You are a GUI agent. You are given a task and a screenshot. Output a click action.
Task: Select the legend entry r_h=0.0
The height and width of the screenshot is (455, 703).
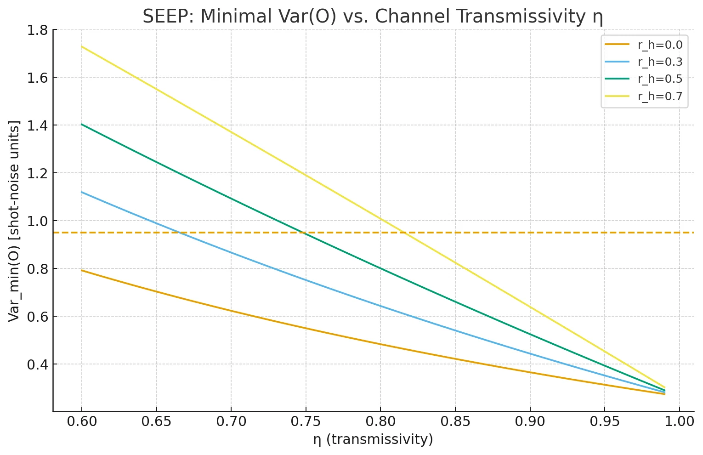point(660,45)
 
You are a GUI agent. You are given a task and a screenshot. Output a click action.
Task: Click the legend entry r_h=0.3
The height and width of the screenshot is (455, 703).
point(660,62)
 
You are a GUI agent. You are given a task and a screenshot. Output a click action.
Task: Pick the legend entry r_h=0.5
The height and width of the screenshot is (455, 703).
point(660,79)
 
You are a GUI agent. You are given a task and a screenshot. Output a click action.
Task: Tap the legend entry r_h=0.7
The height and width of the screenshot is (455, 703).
point(660,96)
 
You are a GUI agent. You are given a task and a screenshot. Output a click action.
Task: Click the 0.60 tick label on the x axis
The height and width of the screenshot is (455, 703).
point(82,421)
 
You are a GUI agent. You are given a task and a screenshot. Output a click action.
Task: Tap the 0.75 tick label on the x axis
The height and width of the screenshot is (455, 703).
point(306,421)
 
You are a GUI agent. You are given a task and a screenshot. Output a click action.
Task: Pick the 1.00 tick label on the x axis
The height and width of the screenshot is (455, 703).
point(679,421)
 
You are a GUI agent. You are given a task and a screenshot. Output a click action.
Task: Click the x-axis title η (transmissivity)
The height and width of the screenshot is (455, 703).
point(373,439)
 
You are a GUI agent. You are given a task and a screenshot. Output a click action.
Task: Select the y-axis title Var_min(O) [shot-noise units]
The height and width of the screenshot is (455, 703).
point(15,221)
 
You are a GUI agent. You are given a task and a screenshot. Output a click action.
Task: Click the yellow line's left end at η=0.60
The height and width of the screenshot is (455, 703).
point(82,46)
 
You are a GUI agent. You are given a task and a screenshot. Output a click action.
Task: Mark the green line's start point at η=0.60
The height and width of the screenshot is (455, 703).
point(82,124)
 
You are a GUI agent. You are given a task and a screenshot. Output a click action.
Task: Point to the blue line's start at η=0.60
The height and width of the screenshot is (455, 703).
point(82,192)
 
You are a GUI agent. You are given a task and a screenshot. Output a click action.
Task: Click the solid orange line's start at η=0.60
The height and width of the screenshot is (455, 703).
point(82,270)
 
